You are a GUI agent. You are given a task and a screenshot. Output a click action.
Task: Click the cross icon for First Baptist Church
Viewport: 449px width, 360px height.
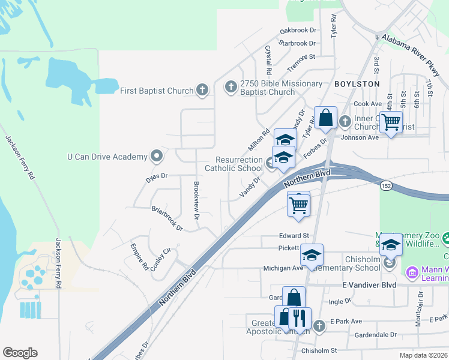pos(202,91)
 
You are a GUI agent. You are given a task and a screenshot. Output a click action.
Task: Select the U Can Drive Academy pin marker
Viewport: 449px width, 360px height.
pos(157,157)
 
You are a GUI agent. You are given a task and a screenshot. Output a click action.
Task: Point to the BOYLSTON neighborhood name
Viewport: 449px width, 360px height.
pos(357,84)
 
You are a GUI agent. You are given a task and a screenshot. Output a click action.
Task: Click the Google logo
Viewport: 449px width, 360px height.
pos(20,353)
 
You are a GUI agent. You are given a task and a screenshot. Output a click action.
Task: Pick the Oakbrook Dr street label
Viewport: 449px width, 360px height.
pos(298,31)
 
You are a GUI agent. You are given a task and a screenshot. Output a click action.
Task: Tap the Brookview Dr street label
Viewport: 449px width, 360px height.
pos(196,200)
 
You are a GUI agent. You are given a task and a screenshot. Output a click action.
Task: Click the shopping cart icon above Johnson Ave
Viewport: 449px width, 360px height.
pos(391,122)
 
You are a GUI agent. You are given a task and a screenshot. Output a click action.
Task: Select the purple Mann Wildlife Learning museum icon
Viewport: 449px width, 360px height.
pos(412,273)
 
